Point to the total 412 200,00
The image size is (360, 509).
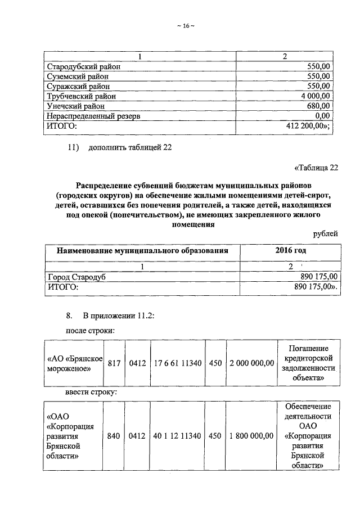pos(307,126)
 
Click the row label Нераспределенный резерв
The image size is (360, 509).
pos(92,116)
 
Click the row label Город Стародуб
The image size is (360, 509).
pos(76,277)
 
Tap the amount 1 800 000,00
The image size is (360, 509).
pos(251,435)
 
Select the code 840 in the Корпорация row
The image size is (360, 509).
pos(114,435)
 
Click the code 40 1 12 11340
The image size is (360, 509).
pos(178,435)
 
